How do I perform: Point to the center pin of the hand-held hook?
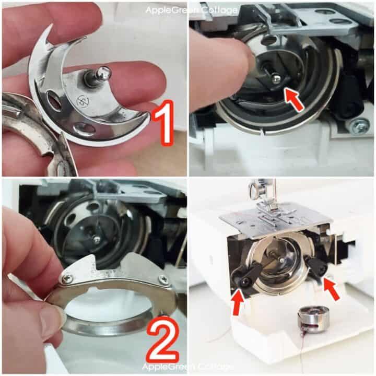pos(100,76)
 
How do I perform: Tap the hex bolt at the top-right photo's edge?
pos(359,125)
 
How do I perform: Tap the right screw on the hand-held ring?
pos(163,279)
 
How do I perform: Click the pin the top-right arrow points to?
pos(274,78)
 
